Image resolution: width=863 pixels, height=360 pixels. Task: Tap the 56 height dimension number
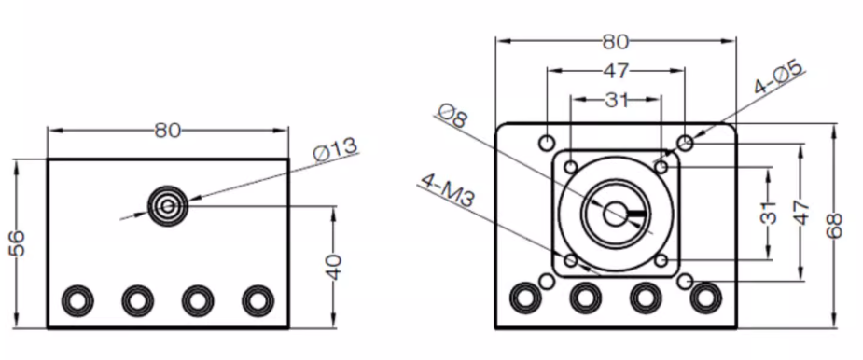(x=18, y=243)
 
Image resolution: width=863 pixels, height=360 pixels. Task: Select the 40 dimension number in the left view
(x=333, y=267)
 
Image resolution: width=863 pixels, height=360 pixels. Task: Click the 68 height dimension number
(x=834, y=225)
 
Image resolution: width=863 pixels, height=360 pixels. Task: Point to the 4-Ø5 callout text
(x=778, y=77)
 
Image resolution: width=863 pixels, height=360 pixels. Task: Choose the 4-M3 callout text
(x=447, y=190)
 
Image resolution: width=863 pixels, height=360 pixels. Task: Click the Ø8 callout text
(x=452, y=116)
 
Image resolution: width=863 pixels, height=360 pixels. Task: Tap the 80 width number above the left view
(x=167, y=131)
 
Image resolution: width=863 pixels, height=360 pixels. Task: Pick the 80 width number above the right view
(x=616, y=41)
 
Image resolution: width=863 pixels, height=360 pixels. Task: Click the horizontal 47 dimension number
(x=616, y=71)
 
